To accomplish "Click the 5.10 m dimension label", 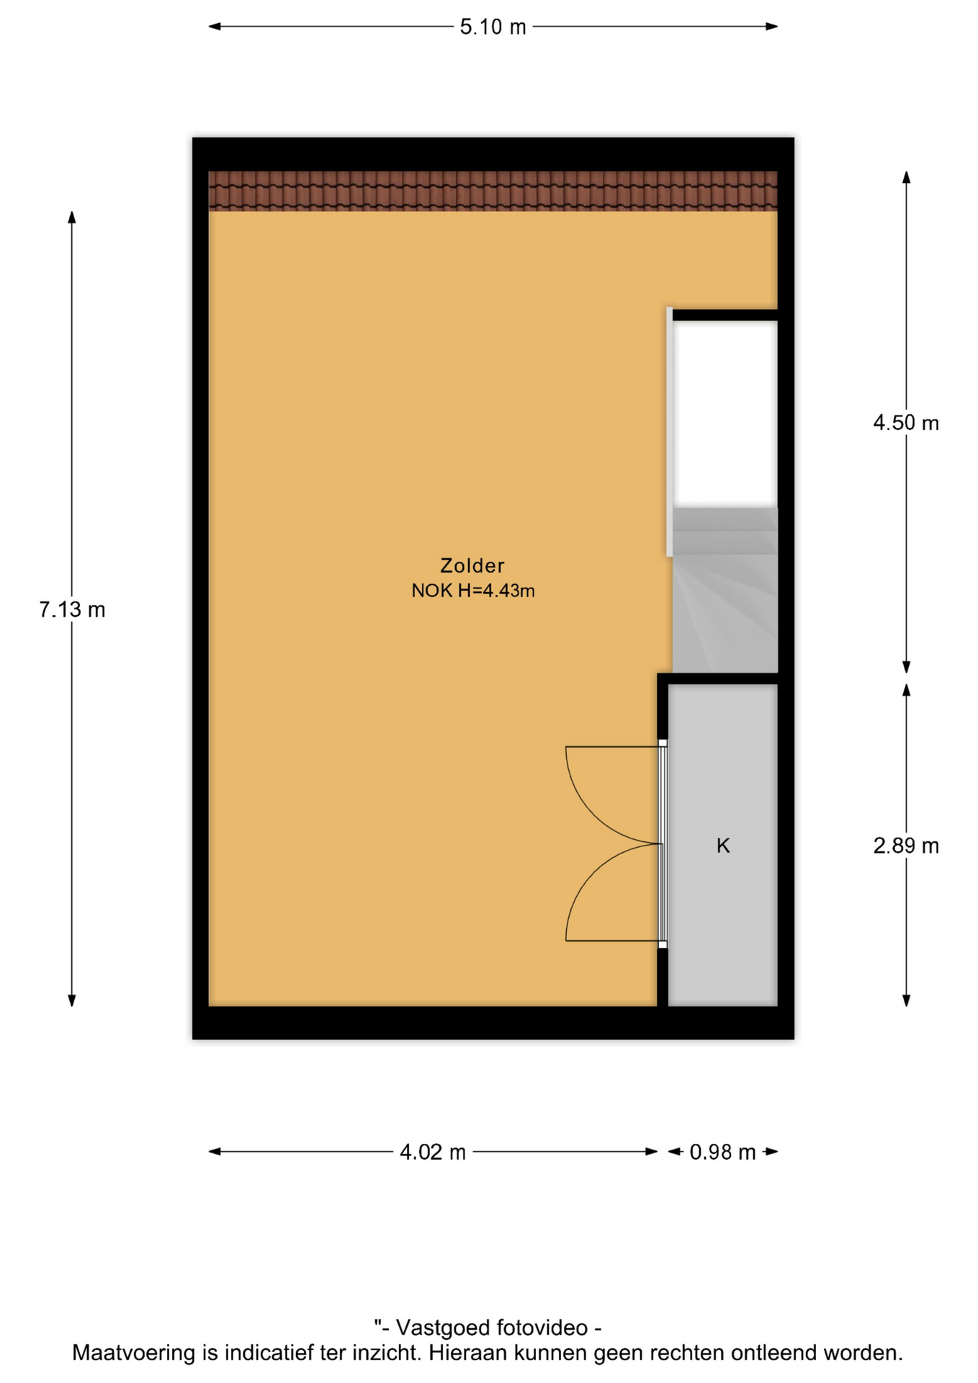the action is click(493, 27).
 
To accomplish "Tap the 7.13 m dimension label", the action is click(72, 610).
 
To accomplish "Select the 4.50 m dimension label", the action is click(906, 423).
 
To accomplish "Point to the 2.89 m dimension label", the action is click(906, 846).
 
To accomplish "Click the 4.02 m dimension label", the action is click(433, 1152).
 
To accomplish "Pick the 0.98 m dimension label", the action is click(722, 1152).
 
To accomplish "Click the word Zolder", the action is click(472, 565).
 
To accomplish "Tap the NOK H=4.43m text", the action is click(473, 591).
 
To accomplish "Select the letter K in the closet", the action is click(723, 846).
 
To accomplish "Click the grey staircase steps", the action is click(725, 590).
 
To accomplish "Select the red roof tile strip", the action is click(493, 191).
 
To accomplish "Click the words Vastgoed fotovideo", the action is click(492, 1328).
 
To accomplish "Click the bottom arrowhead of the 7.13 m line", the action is click(72, 1001).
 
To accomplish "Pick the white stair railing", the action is click(670, 432).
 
